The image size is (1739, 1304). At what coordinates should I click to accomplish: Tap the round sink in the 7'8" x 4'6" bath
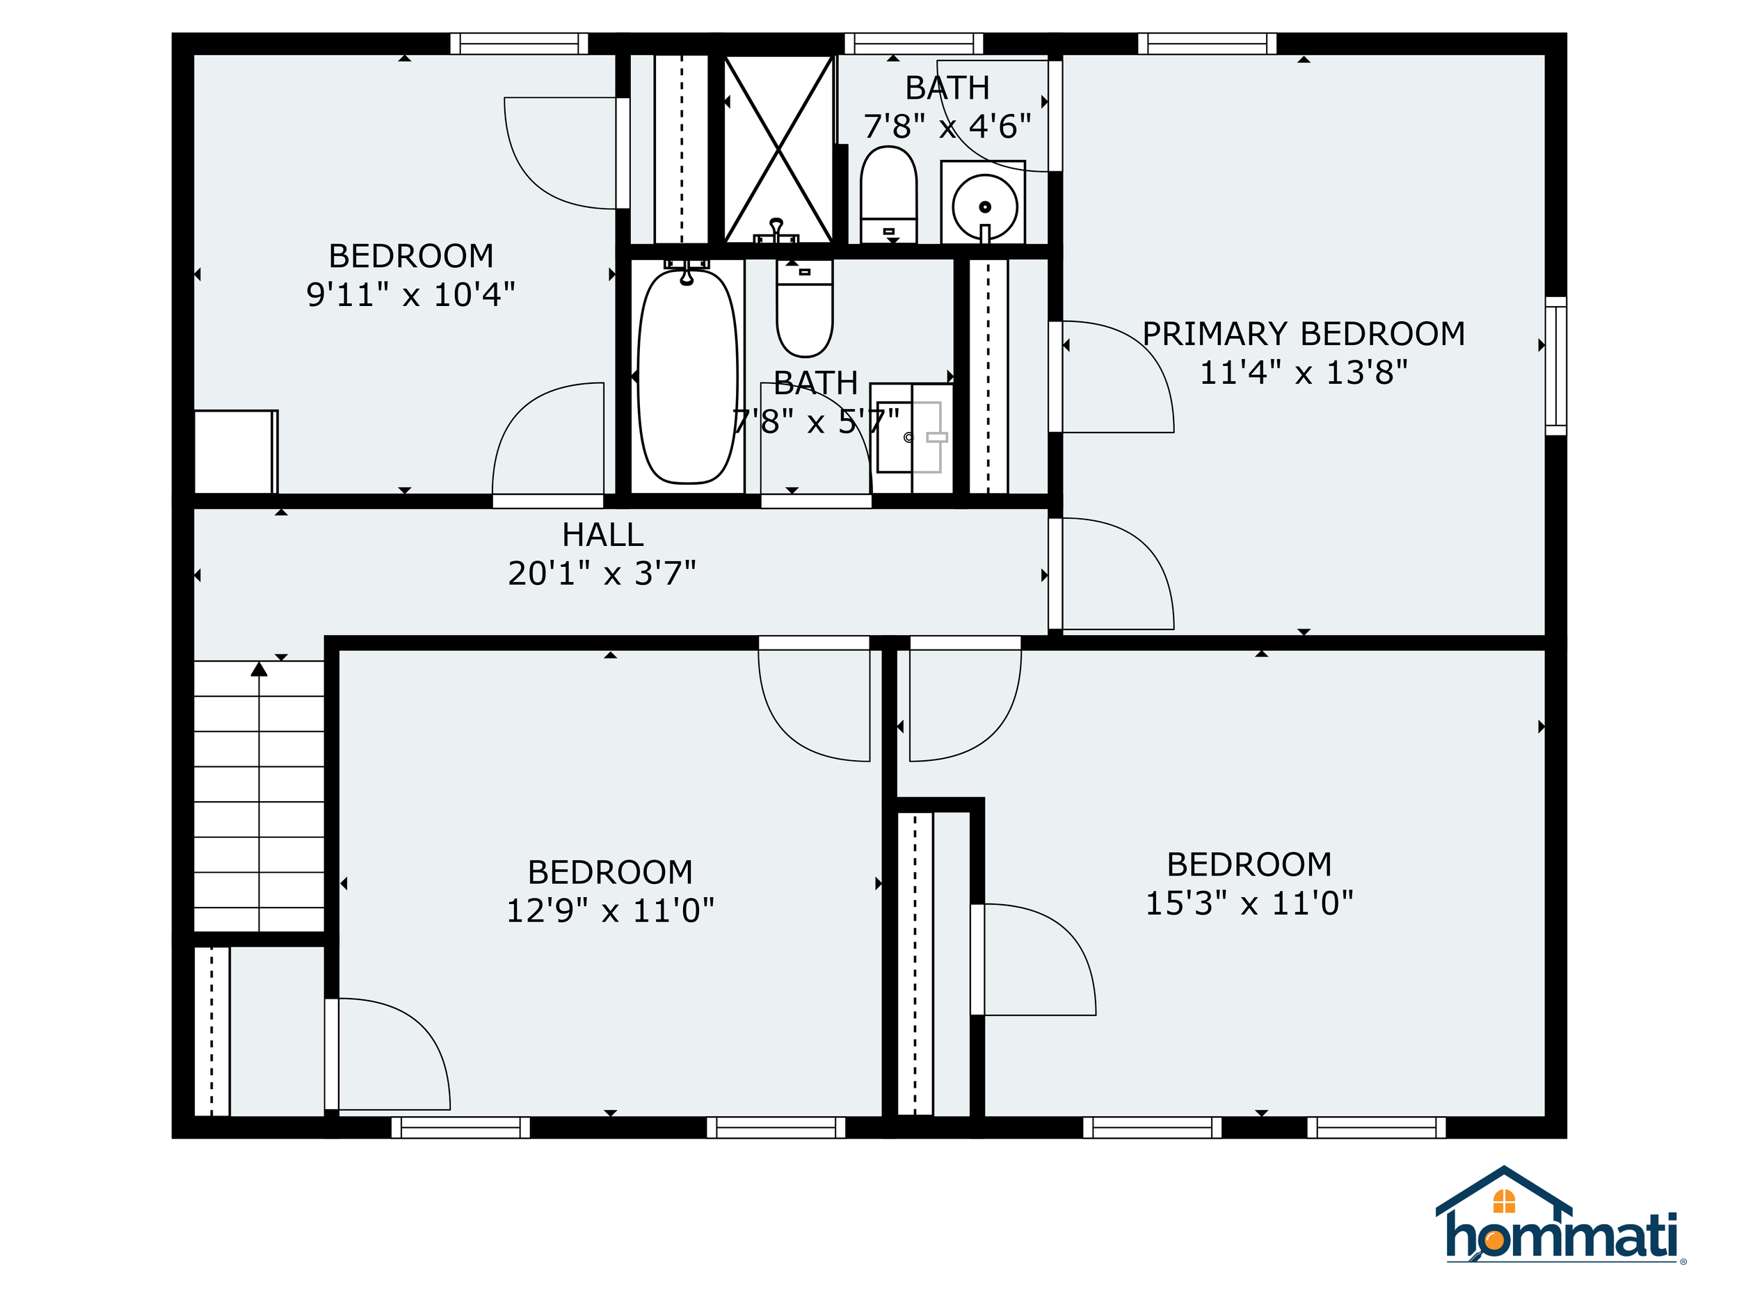tap(984, 207)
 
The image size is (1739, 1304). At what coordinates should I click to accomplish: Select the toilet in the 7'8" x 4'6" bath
tap(888, 193)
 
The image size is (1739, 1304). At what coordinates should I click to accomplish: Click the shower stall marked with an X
tap(778, 149)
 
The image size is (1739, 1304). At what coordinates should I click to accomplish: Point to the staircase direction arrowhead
tap(259, 669)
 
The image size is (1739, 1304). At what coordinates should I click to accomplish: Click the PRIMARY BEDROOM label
tap(1304, 334)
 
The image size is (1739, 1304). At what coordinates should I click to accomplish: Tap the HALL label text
tap(603, 536)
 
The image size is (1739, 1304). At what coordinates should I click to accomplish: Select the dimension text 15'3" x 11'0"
tap(1249, 903)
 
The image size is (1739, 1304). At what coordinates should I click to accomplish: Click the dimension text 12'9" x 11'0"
tap(610, 911)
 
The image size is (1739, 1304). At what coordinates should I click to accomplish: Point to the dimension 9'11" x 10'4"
tap(410, 295)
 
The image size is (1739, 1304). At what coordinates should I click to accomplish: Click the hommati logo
tap(1560, 1216)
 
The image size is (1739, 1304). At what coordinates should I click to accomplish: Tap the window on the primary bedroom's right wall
tap(1556, 366)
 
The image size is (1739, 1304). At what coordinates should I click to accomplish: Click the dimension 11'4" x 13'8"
tap(1304, 373)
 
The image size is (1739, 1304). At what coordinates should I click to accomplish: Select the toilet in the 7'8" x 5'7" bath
tap(804, 309)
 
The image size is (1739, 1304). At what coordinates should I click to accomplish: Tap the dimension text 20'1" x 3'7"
tap(602, 574)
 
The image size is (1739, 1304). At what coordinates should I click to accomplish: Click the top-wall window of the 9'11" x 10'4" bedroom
tap(519, 43)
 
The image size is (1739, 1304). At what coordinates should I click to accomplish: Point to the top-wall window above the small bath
tap(913, 43)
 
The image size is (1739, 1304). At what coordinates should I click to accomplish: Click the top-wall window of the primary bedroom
tap(1207, 43)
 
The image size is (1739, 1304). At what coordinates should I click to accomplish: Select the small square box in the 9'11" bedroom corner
tap(236, 452)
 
